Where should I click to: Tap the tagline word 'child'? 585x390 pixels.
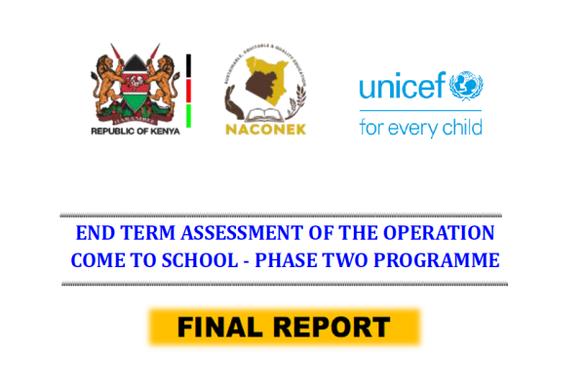point(457,127)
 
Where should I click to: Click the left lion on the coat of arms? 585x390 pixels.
point(107,81)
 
